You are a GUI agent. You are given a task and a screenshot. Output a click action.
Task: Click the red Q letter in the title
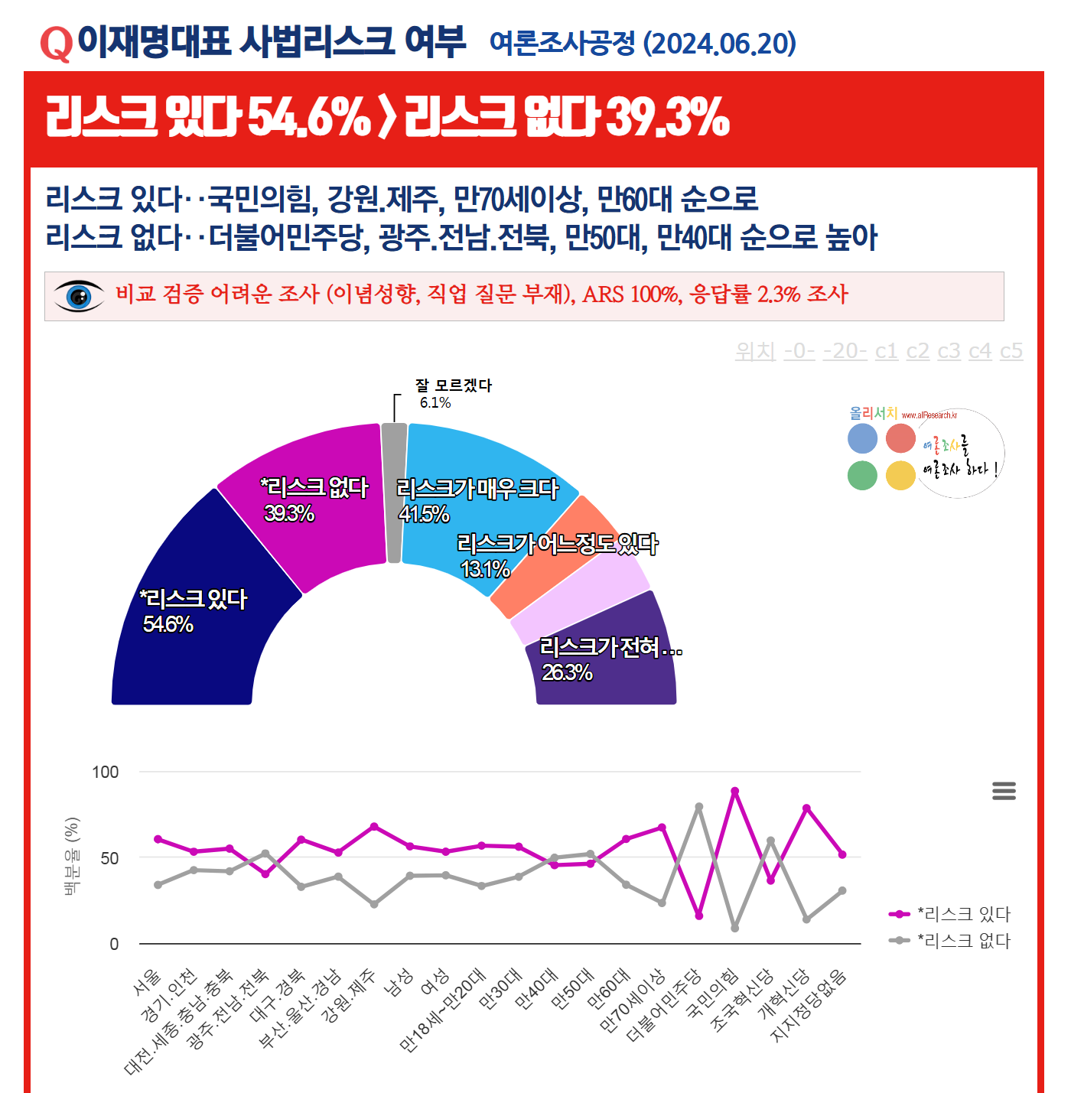(56, 44)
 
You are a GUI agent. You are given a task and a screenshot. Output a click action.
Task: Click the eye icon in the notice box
(79, 296)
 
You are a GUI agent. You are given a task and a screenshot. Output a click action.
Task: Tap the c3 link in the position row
(949, 351)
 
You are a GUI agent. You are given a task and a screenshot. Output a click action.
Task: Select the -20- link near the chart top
(845, 351)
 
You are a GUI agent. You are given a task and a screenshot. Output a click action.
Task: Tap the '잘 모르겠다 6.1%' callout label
(453, 394)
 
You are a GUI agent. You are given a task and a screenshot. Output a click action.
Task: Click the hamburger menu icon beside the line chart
(1004, 791)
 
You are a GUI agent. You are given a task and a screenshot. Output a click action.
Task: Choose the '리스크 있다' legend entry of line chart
(963, 914)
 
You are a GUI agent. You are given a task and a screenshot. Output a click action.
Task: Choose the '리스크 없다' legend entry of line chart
(963, 941)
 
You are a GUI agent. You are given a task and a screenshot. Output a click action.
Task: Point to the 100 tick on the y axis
(106, 772)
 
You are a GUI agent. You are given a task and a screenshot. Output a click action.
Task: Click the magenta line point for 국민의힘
(734, 791)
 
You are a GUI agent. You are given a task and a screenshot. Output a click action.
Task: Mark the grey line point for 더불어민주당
(698, 806)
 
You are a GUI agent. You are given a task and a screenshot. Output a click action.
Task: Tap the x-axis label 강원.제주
(349, 995)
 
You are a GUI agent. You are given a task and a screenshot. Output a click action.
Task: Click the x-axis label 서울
(148, 982)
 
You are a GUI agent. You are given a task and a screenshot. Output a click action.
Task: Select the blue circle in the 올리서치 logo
(862, 439)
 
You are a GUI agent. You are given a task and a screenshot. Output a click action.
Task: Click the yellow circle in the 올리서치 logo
(900, 476)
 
